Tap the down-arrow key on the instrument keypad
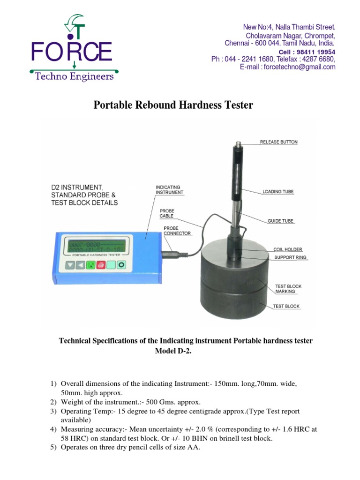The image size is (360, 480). [70, 265]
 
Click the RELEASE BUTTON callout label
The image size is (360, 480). [279, 142]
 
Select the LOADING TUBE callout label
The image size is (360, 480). [277, 191]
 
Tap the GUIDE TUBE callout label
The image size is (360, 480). [280, 220]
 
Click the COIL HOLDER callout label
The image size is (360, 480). [288, 249]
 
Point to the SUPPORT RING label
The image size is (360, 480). [290, 257]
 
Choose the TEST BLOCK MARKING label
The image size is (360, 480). [288, 289]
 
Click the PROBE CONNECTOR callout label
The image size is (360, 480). [171, 231]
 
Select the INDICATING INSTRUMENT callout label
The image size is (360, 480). [170, 189]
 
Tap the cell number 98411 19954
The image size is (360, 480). [318, 52]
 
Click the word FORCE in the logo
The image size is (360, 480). [71, 52]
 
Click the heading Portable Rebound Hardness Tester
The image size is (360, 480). [173, 105]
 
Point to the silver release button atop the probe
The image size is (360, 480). [238, 145]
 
